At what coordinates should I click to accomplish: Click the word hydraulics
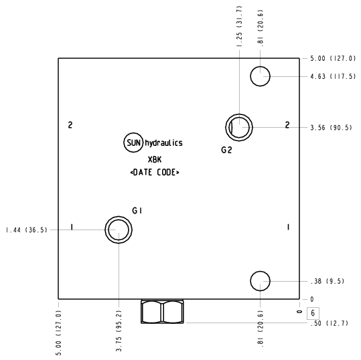tap(163, 143)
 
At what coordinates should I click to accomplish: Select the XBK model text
tap(155, 159)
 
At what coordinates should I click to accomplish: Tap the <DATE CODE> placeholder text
tap(155, 172)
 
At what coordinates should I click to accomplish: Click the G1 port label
tap(137, 211)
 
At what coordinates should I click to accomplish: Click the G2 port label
tap(226, 150)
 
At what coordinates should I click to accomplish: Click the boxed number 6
tap(313, 313)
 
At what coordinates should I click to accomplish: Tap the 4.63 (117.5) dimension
tap(333, 76)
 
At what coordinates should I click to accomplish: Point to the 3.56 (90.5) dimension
tap(331, 127)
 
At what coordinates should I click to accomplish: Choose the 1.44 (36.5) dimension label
tap(27, 230)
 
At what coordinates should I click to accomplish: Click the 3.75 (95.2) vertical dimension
tap(119, 331)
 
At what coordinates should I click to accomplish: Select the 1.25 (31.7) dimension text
tap(240, 27)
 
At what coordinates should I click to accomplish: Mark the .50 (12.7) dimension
tap(330, 323)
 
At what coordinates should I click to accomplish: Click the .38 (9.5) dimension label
tap(328, 281)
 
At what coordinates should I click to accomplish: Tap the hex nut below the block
tap(162, 311)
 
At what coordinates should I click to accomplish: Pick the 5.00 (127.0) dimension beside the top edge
tap(333, 58)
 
